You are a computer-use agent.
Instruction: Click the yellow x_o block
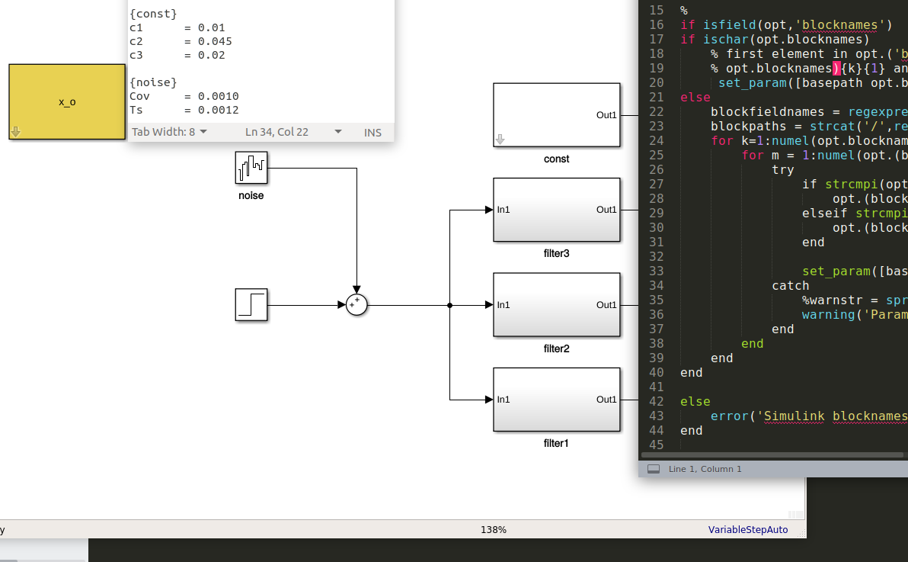click(x=67, y=101)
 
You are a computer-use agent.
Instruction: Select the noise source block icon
click(x=251, y=168)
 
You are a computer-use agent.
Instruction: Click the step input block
click(x=251, y=304)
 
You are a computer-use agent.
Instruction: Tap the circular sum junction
click(x=356, y=305)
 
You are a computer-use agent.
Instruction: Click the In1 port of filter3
click(x=504, y=210)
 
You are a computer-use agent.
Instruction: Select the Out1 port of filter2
click(x=606, y=305)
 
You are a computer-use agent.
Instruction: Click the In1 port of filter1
click(x=504, y=400)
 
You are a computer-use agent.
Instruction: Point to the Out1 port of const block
click(x=606, y=115)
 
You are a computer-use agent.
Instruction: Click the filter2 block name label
click(x=557, y=348)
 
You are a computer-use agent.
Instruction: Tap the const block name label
click(x=557, y=159)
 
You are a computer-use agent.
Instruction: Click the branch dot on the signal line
click(x=450, y=305)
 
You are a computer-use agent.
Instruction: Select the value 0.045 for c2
click(x=215, y=41)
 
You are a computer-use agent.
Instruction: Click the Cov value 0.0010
click(x=219, y=96)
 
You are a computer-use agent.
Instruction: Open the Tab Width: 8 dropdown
click(x=169, y=132)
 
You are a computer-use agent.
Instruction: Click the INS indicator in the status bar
click(x=373, y=132)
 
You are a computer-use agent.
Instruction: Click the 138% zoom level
click(x=494, y=529)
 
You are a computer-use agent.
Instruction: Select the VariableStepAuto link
click(x=748, y=529)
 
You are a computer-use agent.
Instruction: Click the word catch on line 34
click(x=791, y=285)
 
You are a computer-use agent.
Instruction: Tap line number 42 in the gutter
click(x=656, y=401)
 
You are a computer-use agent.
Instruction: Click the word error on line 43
click(x=730, y=416)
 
